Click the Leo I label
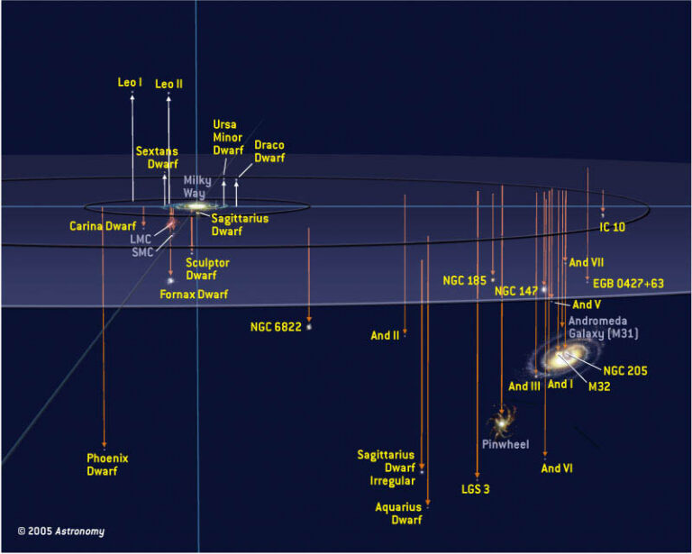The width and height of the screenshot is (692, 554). point(130,82)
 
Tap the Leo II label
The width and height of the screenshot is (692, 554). point(168,84)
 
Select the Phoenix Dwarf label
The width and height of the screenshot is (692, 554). point(107,465)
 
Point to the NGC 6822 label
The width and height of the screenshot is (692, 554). point(276,327)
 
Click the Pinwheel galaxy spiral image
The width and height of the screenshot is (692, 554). point(502,422)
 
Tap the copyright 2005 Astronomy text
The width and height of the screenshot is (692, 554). point(61,531)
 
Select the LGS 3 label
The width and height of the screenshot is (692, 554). point(476,489)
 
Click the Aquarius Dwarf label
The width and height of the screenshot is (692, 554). point(398,513)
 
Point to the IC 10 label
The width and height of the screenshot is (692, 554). point(612,227)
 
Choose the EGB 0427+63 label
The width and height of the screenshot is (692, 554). point(628,283)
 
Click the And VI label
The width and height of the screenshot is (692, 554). point(557,468)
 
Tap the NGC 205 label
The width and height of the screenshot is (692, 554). point(625,370)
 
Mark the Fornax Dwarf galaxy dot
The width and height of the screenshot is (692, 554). point(170,280)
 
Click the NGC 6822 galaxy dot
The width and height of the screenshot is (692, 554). point(309,327)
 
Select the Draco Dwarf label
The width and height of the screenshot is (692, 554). point(269,151)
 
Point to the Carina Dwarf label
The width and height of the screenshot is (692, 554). point(103,226)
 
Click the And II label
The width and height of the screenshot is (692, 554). point(385,335)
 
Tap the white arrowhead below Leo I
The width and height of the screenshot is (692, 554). point(132,97)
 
